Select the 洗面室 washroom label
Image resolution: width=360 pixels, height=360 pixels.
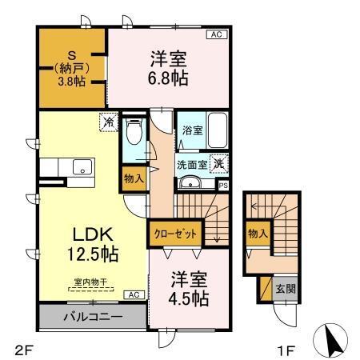coord(192,165)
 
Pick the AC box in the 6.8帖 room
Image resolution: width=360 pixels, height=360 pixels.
coord(215,34)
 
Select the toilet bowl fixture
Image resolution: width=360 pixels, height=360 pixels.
coord(134,131)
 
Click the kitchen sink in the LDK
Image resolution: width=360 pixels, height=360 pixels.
coord(80,167)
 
